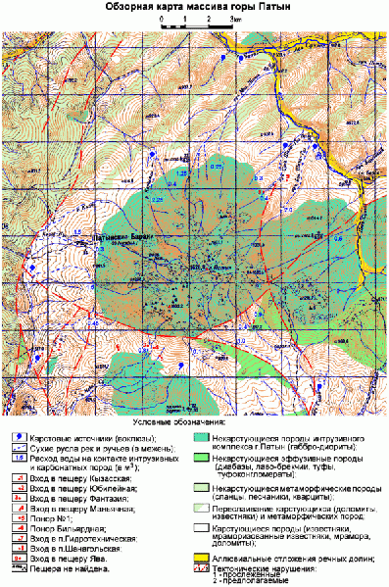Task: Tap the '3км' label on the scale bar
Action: click(x=236, y=20)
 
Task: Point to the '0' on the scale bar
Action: click(x=157, y=20)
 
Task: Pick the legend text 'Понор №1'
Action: click(x=53, y=518)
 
